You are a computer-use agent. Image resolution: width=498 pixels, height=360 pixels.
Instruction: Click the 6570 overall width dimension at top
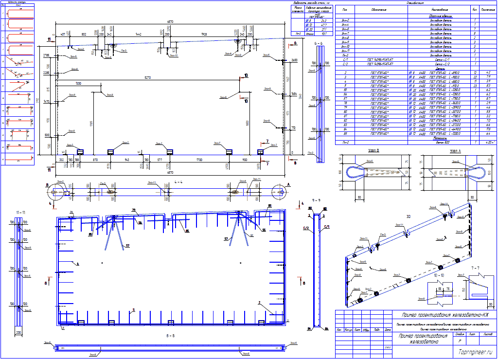tap(170, 22)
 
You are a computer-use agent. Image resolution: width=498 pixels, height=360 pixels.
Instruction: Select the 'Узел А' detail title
tap(455, 150)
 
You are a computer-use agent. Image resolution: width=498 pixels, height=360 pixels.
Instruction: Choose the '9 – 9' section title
tap(317, 200)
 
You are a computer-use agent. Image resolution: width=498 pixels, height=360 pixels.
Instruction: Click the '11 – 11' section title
tap(19, 213)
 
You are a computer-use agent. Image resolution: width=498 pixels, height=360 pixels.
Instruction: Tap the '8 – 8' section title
tap(170, 336)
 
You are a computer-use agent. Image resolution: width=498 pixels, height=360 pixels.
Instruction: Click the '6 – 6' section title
tap(319, 44)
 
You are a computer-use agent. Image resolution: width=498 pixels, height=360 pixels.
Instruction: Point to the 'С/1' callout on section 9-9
tap(326, 227)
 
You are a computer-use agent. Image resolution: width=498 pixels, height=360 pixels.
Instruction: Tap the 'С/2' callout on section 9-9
tap(306, 227)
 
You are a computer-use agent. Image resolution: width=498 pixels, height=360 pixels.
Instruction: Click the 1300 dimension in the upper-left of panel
tap(78, 84)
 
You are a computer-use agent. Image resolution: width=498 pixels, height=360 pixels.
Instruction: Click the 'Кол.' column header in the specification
tap(474, 9)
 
